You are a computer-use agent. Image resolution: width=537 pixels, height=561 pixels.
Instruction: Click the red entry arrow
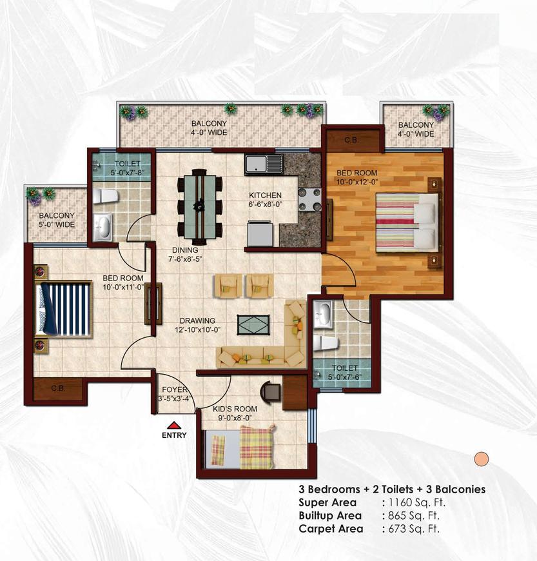point(174,425)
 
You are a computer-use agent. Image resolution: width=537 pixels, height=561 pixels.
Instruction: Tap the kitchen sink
point(264,164)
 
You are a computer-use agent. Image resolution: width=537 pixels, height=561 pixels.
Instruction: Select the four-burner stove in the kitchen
point(309,199)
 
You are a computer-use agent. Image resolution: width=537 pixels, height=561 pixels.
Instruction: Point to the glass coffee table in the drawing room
point(253,325)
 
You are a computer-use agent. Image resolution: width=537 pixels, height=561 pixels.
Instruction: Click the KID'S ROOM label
point(235,409)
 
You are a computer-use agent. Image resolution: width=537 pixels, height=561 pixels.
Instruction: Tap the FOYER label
point(174,389)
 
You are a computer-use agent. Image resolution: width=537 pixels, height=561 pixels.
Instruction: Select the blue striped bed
point(64,309)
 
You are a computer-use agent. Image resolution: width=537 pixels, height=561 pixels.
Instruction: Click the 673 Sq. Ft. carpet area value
point(414,529)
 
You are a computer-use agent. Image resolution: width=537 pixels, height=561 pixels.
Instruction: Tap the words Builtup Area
point(330,516)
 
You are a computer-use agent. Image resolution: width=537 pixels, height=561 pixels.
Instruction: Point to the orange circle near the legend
point(481,458)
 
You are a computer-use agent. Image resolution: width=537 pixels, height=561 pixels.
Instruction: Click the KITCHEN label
point(265,195)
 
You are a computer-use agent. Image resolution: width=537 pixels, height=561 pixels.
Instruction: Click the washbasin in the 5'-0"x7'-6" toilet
point(323,315)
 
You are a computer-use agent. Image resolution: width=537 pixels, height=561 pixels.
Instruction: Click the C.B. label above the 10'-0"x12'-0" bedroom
point(351,140)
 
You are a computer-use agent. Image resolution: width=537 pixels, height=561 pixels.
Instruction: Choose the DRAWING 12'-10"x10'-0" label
point(197,325)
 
